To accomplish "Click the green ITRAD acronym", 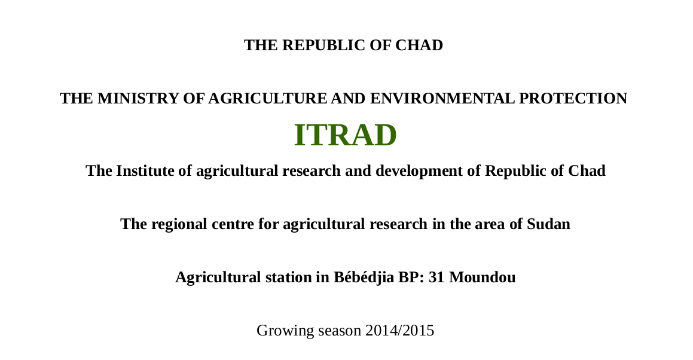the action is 345,135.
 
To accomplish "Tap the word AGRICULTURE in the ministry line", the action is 268,98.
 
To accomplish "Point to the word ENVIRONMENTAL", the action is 442,98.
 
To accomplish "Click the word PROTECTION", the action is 573,98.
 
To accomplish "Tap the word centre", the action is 233,224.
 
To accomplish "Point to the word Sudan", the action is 548,224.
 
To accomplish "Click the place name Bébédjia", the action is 364,277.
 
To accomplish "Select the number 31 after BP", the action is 436,277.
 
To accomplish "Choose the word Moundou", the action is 482,277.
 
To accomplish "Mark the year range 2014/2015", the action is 400,331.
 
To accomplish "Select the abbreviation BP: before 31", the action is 411,277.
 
